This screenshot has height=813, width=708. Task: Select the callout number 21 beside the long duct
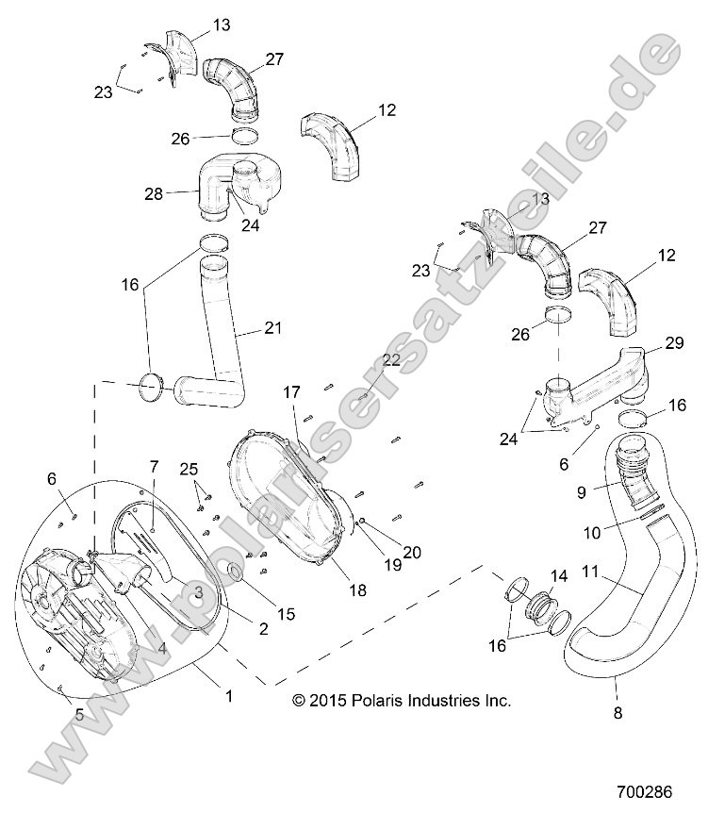[x=272, y=328]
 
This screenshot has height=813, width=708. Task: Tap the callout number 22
[x=390, y=360]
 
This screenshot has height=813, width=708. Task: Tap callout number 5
[x=78, y=715]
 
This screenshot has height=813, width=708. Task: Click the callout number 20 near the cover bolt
[x=413, y=553]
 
